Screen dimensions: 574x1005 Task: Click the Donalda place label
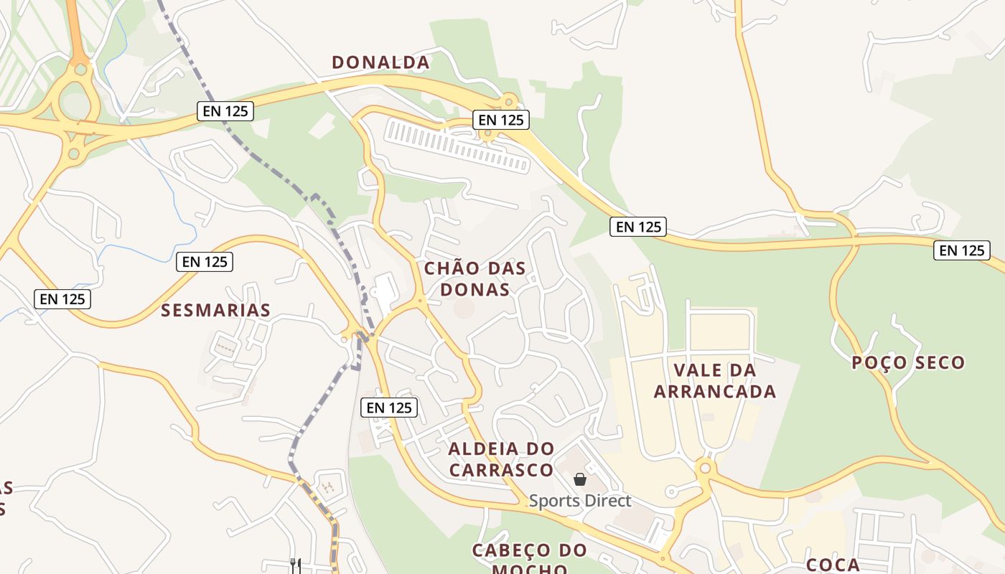[380, 62]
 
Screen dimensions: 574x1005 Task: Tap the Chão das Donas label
[475, 278]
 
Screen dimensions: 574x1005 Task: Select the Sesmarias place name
[215, 310]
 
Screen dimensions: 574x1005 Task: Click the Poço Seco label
[908, 362]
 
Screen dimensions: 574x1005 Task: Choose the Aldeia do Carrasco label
[502, 459]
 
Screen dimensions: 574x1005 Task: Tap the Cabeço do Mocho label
[530, 559]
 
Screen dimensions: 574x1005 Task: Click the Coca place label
[833, 564]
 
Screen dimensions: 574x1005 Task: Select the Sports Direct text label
[580, 501]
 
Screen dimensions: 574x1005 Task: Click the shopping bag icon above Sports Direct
[580, 479]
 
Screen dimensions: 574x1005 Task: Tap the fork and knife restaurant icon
[295, 564]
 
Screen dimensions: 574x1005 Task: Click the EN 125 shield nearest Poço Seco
[961, 250]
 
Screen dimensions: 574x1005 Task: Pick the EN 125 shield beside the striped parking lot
[500, 120]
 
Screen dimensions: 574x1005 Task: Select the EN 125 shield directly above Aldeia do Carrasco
[388, 408]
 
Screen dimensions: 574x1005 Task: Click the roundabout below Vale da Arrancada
[706, 469]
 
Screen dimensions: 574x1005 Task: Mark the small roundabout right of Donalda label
[510, 100]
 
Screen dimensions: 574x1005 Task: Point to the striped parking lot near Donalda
[457, 146]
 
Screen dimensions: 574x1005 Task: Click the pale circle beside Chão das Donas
[464, 309]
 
